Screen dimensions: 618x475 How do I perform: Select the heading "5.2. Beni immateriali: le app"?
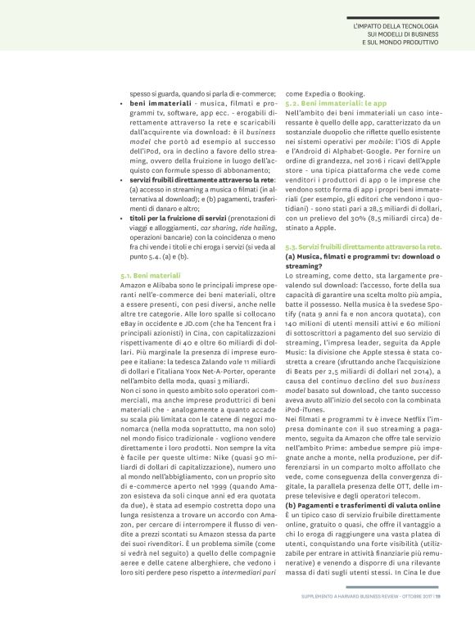pos(324,105)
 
